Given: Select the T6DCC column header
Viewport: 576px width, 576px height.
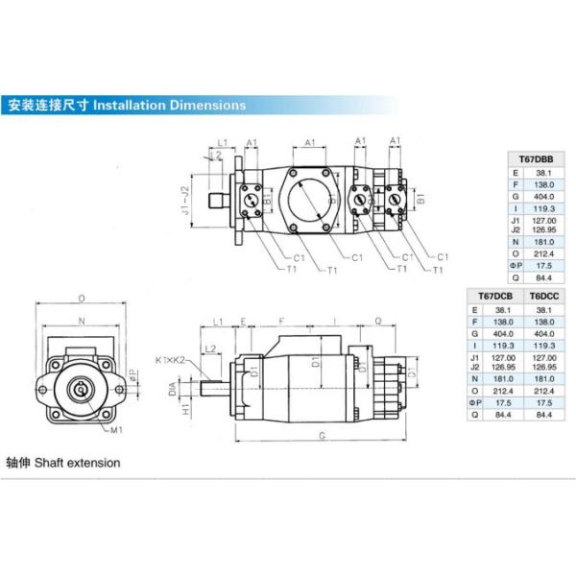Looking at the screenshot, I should [x=543, y=298].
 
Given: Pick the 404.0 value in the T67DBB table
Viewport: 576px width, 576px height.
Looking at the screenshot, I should [x=543, y=196].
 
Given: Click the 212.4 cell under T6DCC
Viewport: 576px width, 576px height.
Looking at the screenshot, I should [x=543, y=391].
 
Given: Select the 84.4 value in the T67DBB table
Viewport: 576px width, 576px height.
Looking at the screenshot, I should [x=543, y=278].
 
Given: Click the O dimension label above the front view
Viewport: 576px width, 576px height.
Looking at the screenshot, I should [x=81, y=298].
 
